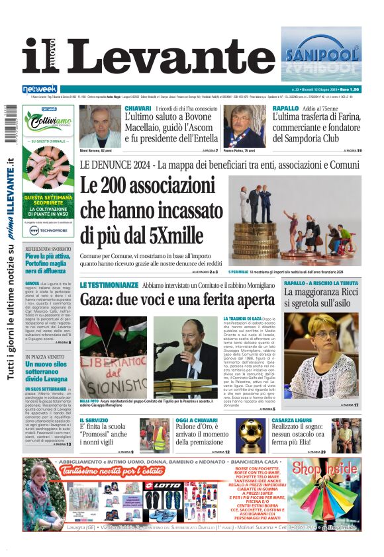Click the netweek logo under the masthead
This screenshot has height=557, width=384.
point(40,89)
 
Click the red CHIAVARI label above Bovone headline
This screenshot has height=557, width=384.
point(138,108)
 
